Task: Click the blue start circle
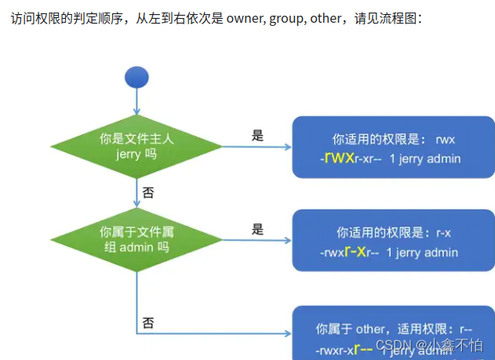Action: coord(136,77)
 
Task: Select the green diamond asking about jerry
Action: coord(136,146)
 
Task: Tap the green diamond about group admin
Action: coord(136,238)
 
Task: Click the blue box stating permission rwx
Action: coord(393,147)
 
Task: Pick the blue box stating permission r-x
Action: coord(393,242)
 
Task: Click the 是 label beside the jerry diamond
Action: coord(257,135)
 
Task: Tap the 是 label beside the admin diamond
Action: coord(257,229)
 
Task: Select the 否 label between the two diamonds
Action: coord(148,191)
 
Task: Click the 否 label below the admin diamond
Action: coord(148,322)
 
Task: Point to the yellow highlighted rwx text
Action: coord(339,158)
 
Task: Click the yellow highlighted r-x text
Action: coord(356,252)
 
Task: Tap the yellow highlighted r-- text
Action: coord(363,348)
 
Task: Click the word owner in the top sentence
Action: coord(244,19)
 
